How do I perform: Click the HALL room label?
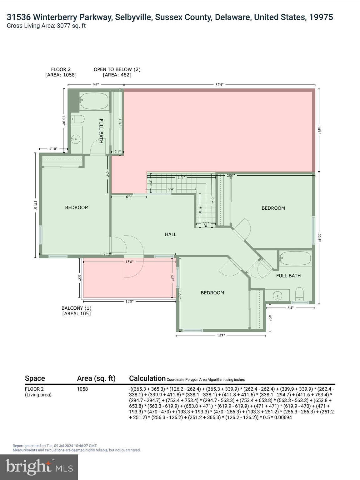(171, 234)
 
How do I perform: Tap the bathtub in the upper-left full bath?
(94, 101)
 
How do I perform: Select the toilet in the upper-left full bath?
(77, 119)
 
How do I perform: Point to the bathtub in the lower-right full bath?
(295, 258)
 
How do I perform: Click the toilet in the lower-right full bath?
(299, 294)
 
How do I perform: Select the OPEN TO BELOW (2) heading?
(117, 69)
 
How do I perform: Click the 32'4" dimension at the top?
(219, 84)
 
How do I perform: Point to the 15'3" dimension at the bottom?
(221, 336)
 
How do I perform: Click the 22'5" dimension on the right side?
(319, 238)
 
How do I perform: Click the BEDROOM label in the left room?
(77, 207)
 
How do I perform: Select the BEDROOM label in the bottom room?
(212, 293)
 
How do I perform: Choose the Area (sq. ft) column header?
(96, 378)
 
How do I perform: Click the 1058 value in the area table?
(82, 389)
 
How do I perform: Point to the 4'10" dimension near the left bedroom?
(54, 149)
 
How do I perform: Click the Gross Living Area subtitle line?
(46, 26)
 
